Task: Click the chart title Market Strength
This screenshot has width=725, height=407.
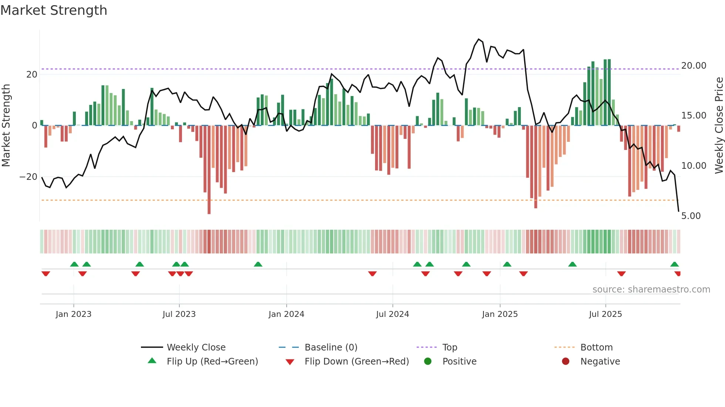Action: [x=54, y=10]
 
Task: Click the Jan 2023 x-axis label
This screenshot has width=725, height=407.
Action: [x=73, y=314]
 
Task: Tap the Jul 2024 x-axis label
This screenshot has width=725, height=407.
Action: [x=392, y=314]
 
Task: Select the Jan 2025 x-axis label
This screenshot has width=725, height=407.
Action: [x=500, y=314]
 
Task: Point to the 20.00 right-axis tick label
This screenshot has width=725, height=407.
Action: [x=694, y=66]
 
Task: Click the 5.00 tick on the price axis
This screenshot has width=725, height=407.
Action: [x=691, y=216]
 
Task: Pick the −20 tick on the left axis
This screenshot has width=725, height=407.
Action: [x=28, y=177]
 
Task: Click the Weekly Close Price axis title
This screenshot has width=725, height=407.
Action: [x=719, y=126]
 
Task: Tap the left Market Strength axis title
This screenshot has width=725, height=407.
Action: [x=6, y=126]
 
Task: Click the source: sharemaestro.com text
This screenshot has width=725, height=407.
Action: [x=651, y=290]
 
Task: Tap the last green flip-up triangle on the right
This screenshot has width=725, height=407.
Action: [x=674, y=264]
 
